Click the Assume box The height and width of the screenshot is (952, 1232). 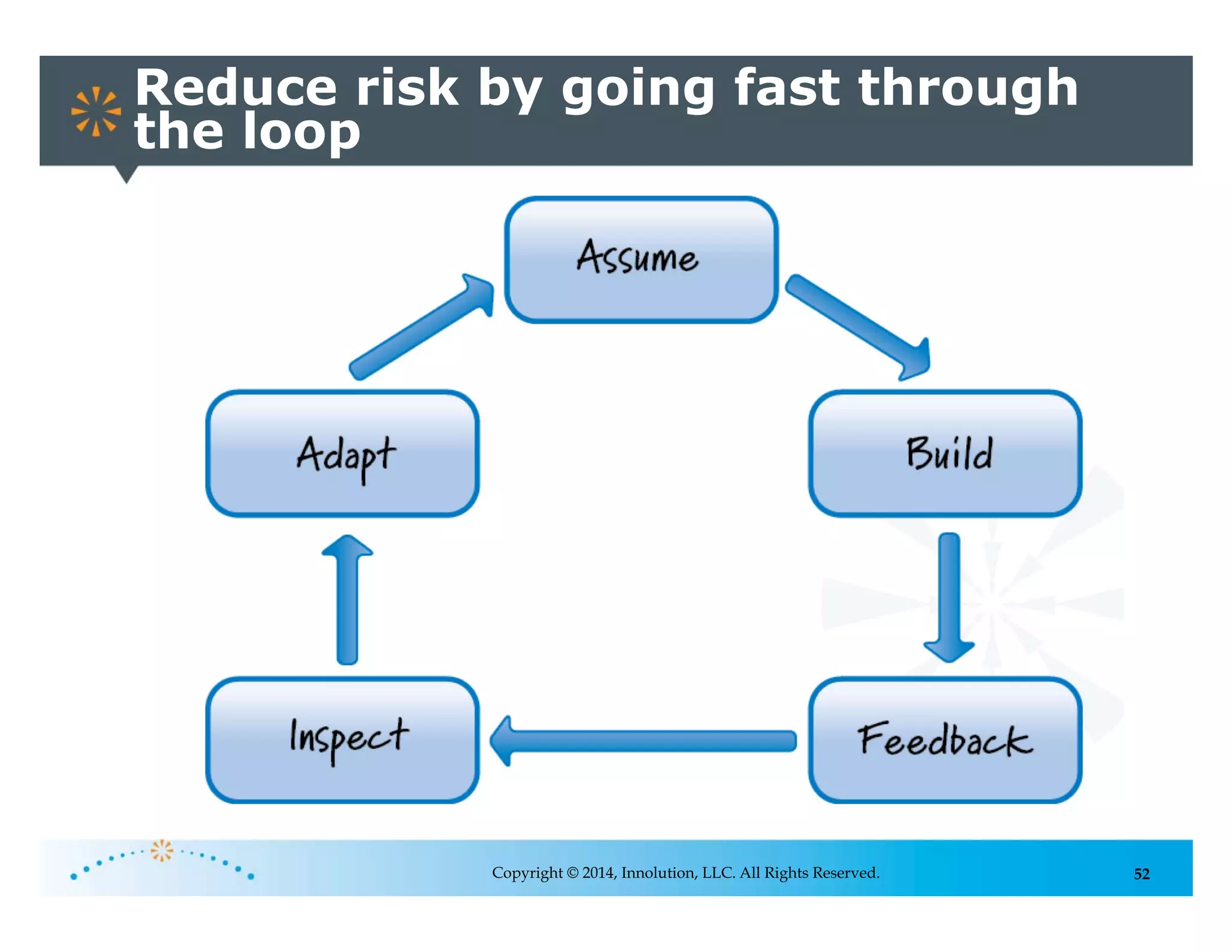pos(641,260)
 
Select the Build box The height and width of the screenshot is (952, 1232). pos(944,454)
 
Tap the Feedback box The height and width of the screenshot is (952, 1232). pos(944,740)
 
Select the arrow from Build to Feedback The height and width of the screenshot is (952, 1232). pos(949,596)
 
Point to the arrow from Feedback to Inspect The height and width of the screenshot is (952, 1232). pos(644,741)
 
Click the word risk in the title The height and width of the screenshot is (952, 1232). pos(407,88)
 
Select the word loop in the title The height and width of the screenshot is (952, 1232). pos(301,132)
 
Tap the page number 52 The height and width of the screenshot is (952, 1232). pos(1141,874)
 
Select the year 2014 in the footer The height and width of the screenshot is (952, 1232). pos(598,873)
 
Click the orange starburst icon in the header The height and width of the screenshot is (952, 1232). pos(96,111)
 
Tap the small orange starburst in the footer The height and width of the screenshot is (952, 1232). pos(162,850)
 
